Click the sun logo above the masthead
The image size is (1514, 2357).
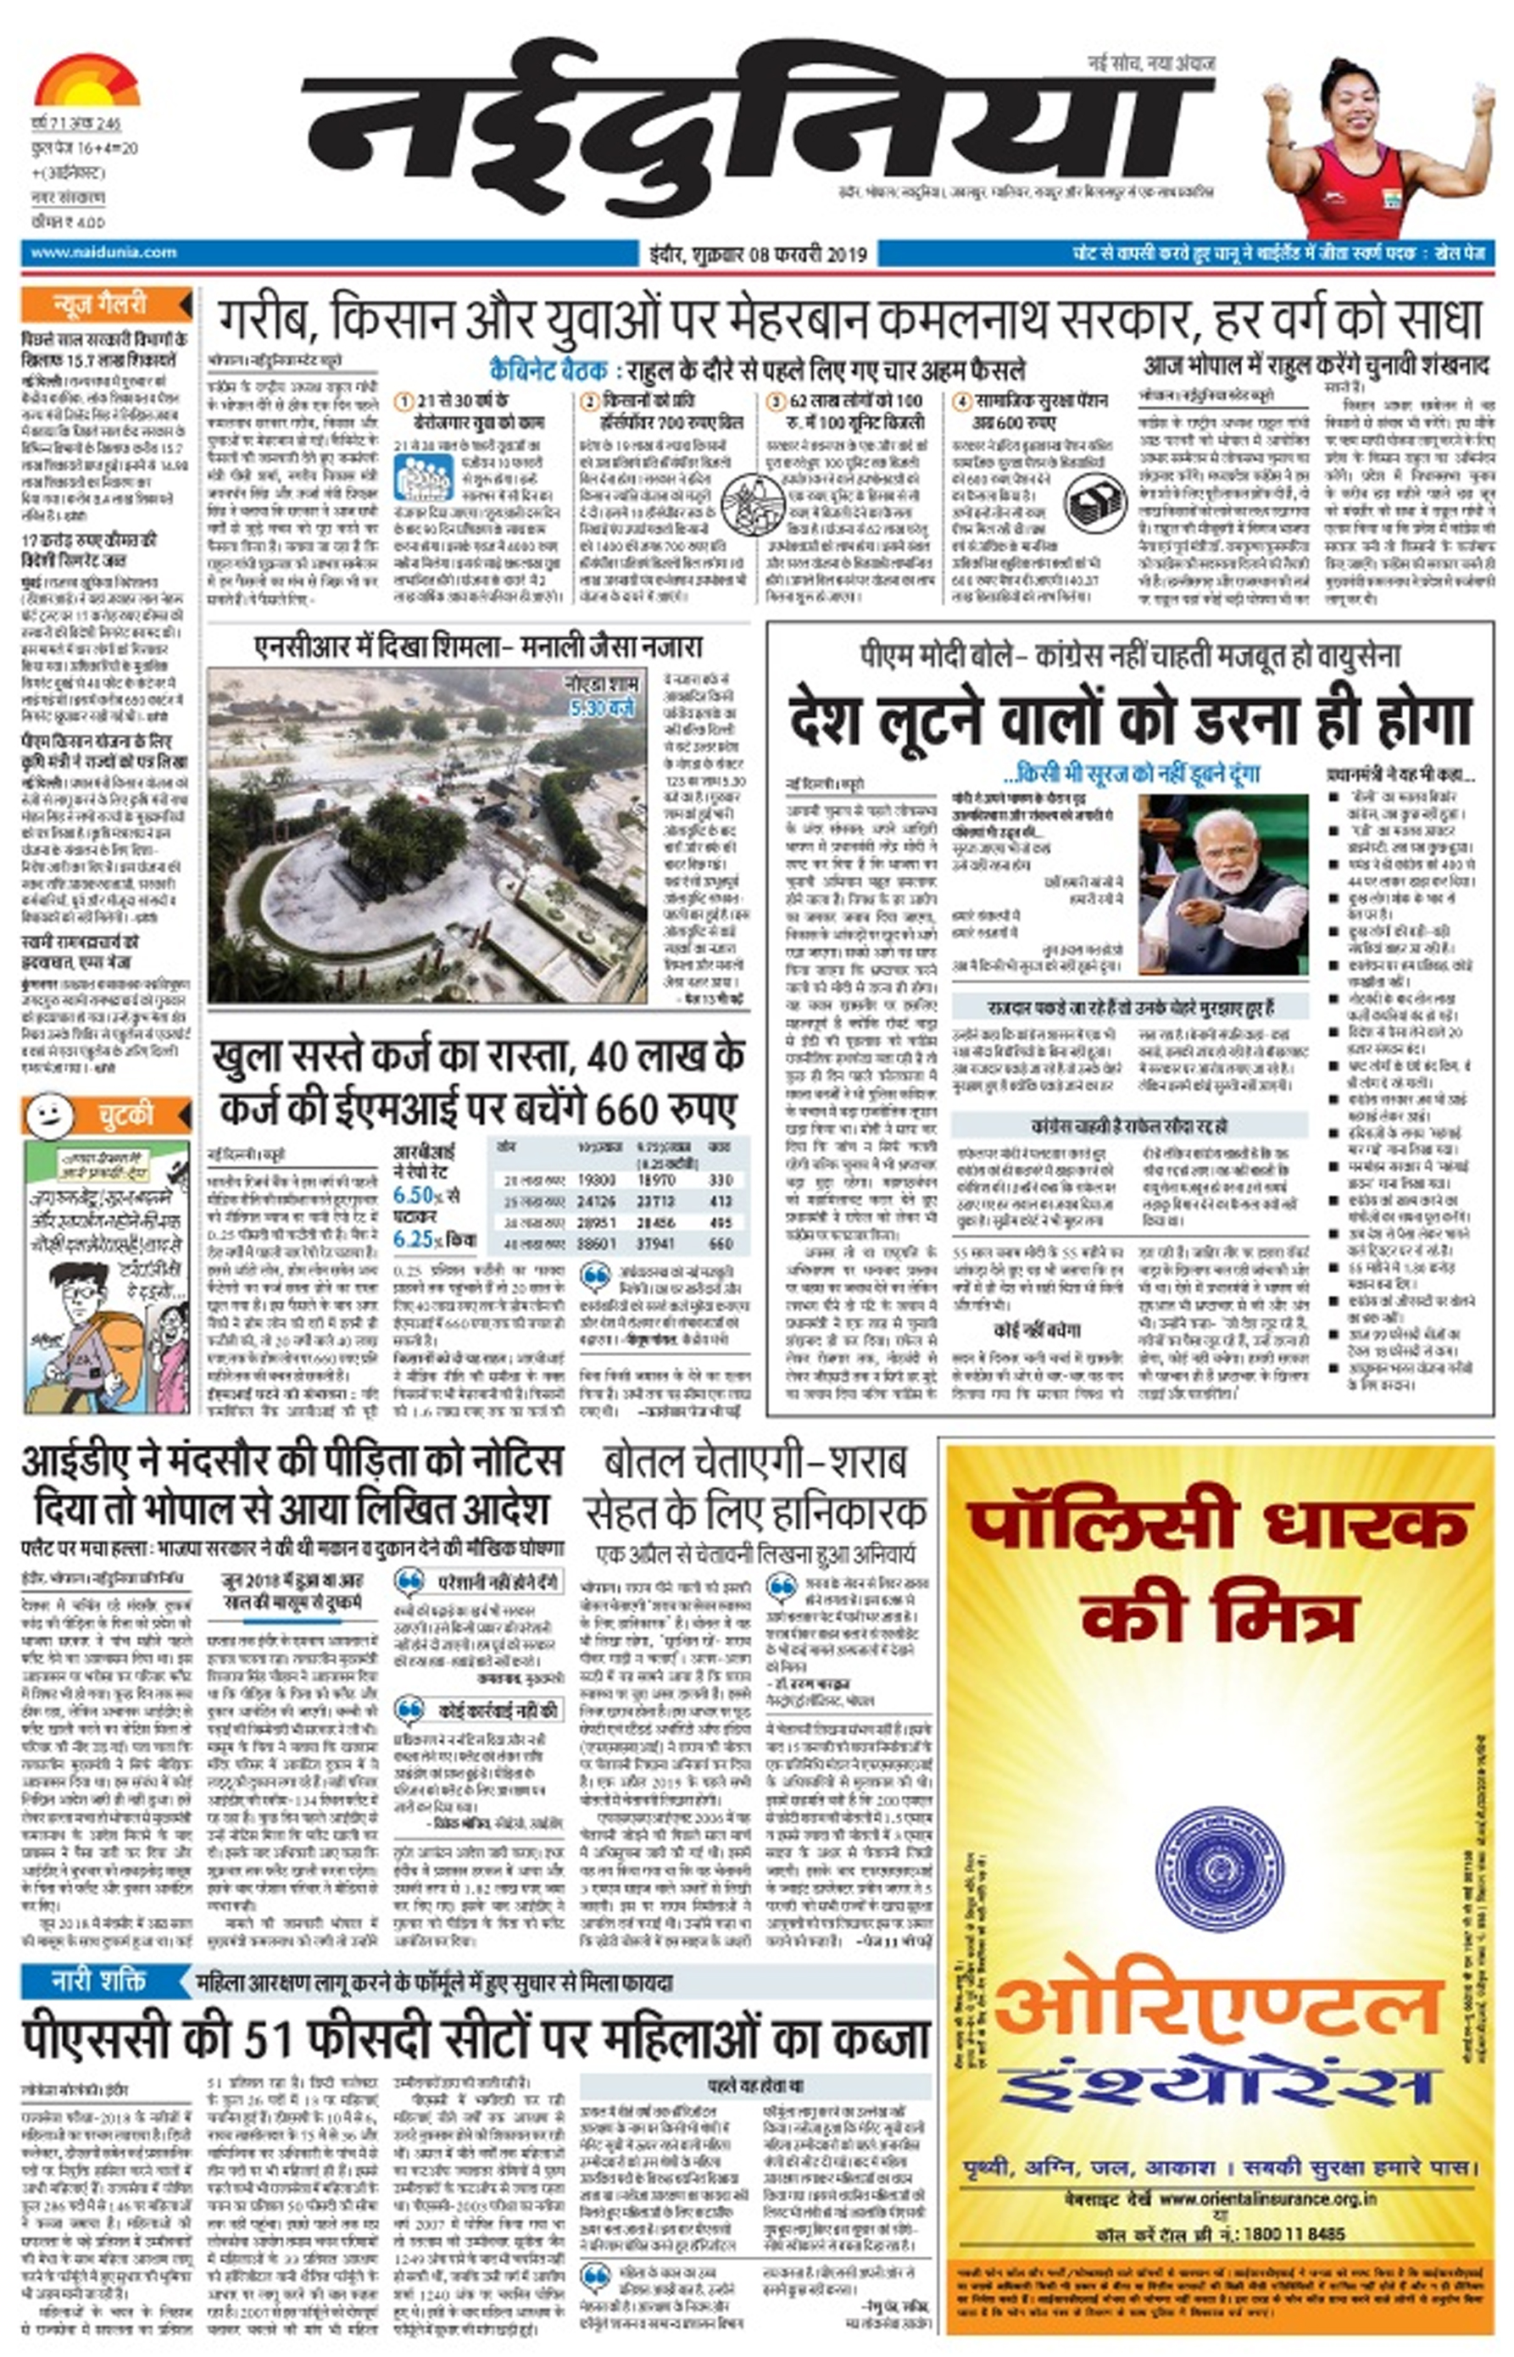pos(86,81)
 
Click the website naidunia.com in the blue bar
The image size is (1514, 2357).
pos(103,253)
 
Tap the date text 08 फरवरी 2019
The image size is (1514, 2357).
pos(808,254)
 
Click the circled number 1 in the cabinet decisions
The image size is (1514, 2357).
pos(403,402)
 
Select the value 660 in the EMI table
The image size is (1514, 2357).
pos(721,1243)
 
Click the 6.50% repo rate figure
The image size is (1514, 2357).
pos(418,1195)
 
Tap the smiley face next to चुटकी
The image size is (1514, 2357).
pos(48,1115)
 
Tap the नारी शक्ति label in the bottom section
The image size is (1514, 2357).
pos(98,1980)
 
